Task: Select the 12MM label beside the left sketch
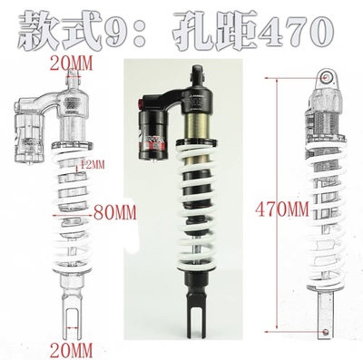(90, 164)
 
